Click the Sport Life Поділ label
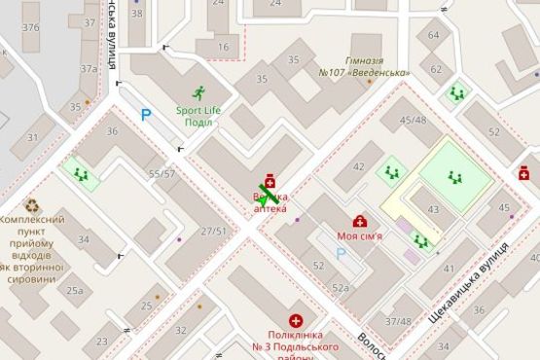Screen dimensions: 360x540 pos(198,115)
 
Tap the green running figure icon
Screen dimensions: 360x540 pos(198,93)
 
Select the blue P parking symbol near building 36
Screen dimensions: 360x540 pos(146,115)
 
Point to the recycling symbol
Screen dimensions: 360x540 pos(31,205)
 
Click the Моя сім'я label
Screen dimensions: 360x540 pos(359,235)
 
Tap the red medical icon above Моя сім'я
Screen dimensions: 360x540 pos(359,221)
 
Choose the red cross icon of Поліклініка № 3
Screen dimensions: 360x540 pos(295,320)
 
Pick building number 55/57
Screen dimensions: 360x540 pos(162,173)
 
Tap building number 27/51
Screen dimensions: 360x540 pos(213,231)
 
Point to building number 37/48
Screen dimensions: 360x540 pos(398,320)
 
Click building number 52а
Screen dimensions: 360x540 pos(340,287)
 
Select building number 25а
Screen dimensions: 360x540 pos(75,290)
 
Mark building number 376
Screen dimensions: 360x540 pos(30,27)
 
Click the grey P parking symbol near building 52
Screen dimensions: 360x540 pos(341,253)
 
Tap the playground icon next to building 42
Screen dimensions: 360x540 pos(392,171)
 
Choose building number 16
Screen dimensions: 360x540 pos(223,47)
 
